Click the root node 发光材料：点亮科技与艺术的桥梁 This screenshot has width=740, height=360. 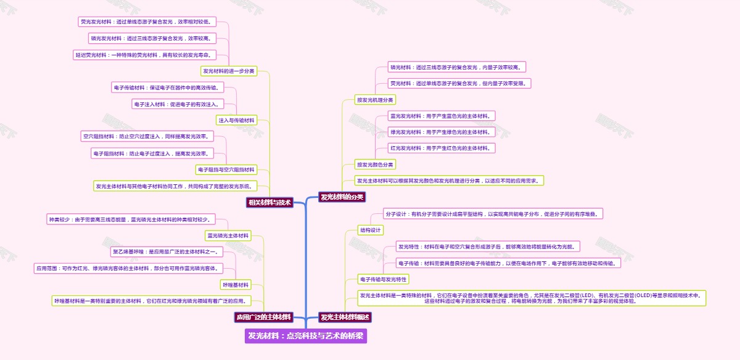306,336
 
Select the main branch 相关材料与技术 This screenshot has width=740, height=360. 269,202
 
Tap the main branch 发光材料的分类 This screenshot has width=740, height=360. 342,197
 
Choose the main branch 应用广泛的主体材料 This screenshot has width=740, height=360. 263,317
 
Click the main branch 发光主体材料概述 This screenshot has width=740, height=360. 345,317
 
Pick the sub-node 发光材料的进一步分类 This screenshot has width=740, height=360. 229,71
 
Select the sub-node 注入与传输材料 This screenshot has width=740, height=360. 236,120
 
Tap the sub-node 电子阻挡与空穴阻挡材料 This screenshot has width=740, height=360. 226,170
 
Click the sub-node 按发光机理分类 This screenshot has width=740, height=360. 375,99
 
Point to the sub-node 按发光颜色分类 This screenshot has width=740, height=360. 375,165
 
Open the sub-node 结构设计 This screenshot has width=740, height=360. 371,230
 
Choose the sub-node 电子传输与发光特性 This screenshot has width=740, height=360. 384,279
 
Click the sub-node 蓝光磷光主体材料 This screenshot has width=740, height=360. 228,235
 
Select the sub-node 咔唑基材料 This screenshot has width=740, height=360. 235,285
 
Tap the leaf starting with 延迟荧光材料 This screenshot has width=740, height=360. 138,55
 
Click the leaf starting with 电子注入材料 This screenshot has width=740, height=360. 176,104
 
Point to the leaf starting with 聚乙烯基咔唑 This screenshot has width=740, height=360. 165,252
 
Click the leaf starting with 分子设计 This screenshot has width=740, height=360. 493,214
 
